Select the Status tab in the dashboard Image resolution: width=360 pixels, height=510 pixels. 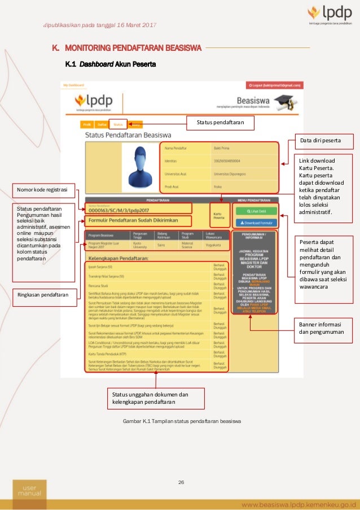click(x=118, y=124)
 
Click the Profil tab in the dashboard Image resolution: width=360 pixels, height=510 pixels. click(x=87, y=124)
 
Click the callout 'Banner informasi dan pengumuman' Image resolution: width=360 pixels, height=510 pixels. click(x=321, y=328)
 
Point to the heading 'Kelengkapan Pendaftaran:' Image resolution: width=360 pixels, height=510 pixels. click(x=117, y=258)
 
